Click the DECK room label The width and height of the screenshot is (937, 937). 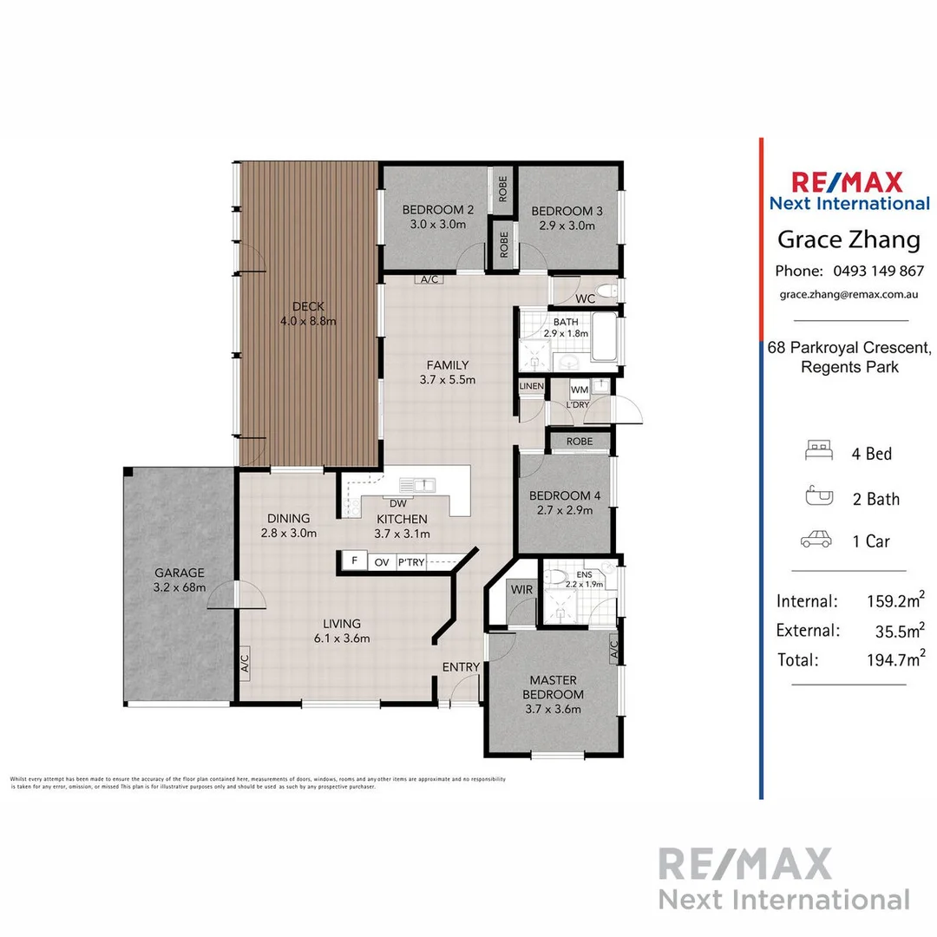coord(308,306)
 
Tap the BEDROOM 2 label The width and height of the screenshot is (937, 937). coord(437,210)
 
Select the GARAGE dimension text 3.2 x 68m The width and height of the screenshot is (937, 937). coord(180,587)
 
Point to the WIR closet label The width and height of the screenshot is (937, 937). coord(521,590)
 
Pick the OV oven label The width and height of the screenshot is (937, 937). coord(381,562)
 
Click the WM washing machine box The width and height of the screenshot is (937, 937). coord(579,390)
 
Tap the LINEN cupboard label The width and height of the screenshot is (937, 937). coord(531,386)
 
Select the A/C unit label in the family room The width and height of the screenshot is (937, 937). coord(429,280)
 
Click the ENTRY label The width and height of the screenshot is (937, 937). coord(460,666)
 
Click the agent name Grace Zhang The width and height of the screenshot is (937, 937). coord(849,239)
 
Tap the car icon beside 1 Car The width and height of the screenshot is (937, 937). coord(816,541)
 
